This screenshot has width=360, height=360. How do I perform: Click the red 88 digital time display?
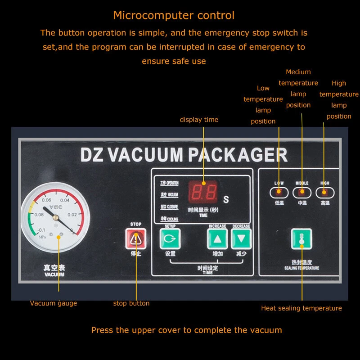tap(204, 192)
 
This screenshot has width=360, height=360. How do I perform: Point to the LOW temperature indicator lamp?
tap(279, 193)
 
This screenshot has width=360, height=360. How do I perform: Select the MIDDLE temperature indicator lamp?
tap(302, 193)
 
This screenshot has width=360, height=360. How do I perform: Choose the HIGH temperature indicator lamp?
tap(325, 193)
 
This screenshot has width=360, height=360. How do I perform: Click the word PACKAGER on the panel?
tap(237, 155)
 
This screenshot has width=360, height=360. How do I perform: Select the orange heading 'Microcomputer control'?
tap(174, 15)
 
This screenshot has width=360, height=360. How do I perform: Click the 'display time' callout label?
tap(199, 120)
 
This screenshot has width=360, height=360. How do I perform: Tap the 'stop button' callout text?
tap(131, 303)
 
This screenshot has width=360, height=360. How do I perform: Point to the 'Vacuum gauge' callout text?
tap(54, 303)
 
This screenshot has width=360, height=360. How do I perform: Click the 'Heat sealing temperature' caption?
tap(301, 308)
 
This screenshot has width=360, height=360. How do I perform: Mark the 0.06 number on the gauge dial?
tap(46, 200)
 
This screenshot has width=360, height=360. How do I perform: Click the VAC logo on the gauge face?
tap(54, 208)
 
